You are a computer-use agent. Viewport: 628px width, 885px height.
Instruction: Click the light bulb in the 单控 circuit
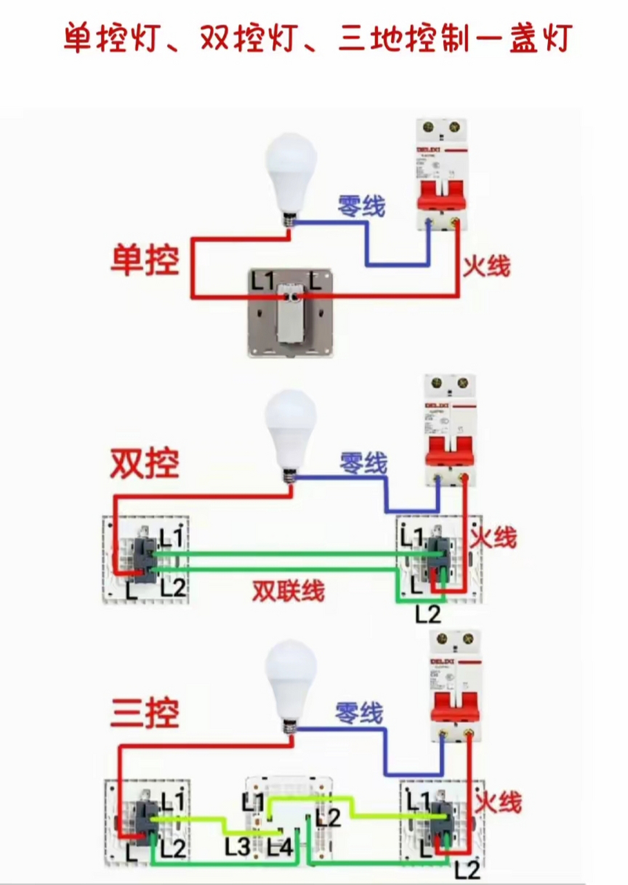tap(291, 173)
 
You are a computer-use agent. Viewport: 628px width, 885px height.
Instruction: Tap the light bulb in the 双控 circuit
tap(291, 429)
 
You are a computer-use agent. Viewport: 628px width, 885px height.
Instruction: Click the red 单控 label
tap(146, 261)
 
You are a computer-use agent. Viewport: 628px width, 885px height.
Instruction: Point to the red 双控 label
tap(145, 464)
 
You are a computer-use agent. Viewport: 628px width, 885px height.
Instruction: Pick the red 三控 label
tap(145, 713)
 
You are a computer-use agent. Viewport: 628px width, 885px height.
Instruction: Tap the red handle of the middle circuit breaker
tap(450, 451)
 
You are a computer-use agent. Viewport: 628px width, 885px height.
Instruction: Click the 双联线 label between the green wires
tap(288, 591)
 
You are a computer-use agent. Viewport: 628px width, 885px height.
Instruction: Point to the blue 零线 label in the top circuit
tap(361, 205)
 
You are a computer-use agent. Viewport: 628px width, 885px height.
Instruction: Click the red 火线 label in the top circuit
tap(487, 265)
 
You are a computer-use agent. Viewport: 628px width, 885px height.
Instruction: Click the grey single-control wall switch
tap(292, 313)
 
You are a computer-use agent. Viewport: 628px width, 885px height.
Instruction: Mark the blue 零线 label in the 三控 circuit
tap(359, 713)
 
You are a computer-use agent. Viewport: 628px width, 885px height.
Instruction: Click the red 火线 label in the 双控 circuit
tap(493, 537)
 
